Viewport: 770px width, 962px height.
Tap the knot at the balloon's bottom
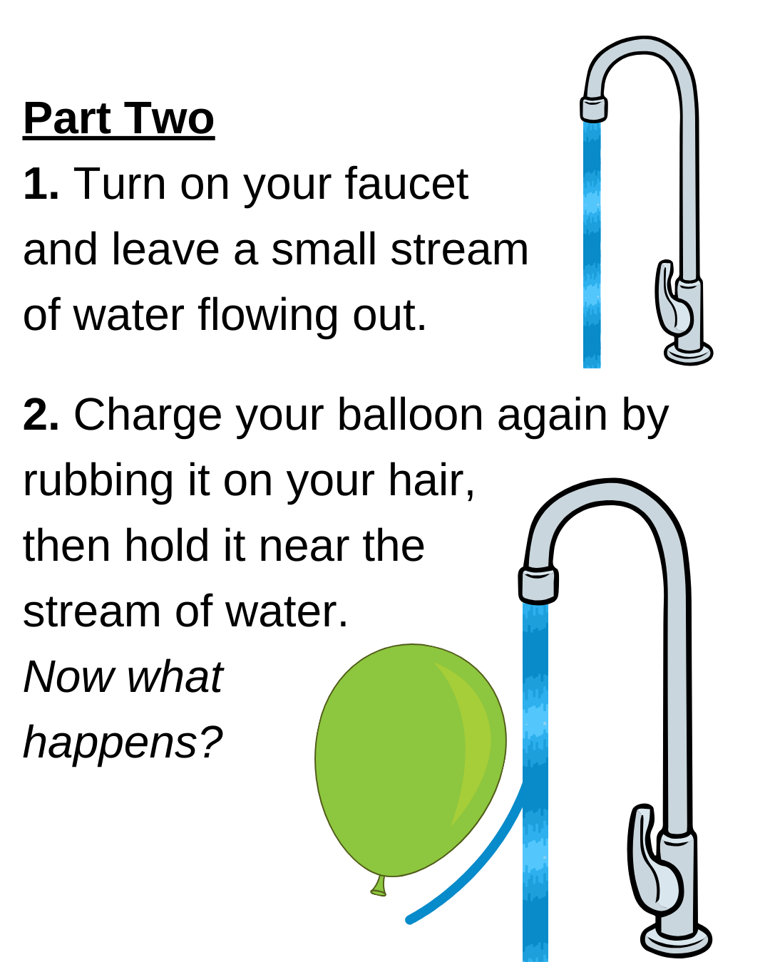(379, 888)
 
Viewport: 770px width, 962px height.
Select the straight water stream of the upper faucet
(592, 242)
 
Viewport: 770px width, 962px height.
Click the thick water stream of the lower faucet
(535, 713)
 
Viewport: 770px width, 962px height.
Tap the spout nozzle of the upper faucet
(593, 110)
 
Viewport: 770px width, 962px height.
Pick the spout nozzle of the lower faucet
(538, 585)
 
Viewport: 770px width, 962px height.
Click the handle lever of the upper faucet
(670, 299)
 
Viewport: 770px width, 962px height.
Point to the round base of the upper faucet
(689, 353)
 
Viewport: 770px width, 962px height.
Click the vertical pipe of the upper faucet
(689, 185)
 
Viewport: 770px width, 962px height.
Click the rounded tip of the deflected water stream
(409, 920)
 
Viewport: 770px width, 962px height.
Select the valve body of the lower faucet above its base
(677, 884)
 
